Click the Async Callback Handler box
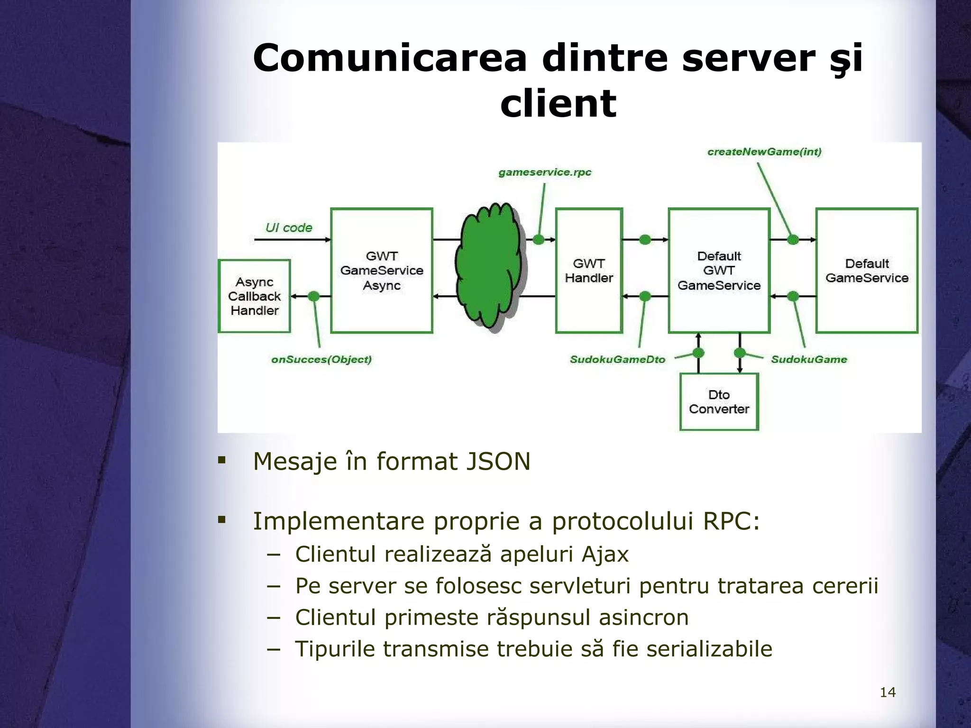point(254,296)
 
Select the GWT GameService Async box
point(382,271)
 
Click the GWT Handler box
point(589,271)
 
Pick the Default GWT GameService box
point(719,271)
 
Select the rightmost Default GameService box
point(867,271)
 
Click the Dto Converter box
point(719,402)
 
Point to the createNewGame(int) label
point(764,152)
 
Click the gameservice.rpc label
point(545,173)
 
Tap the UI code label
point(289,228)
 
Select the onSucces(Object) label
point(321,360)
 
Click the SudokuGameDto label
point(617,360)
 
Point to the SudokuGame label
point(809,360)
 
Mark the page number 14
point(888,692)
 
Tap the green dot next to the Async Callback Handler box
point(313,296)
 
